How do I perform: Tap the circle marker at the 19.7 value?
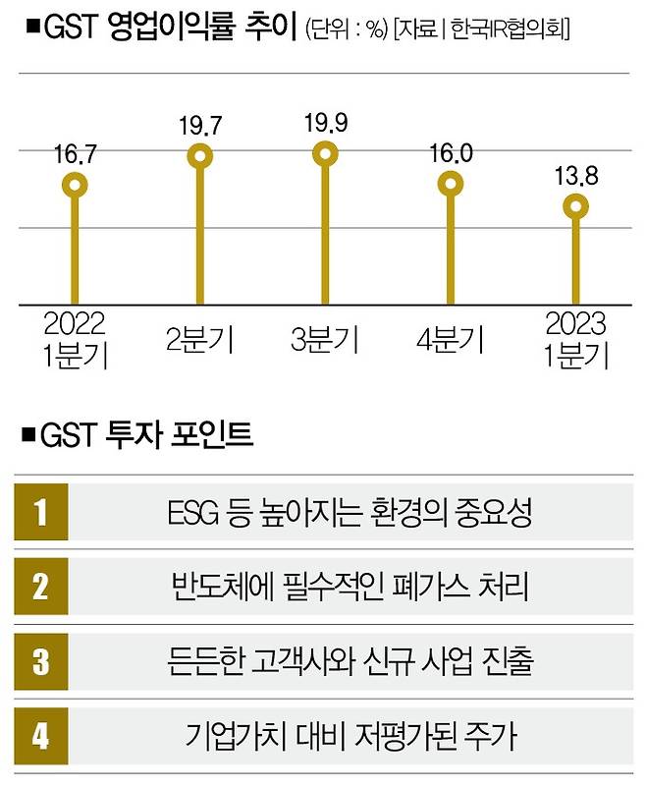200,156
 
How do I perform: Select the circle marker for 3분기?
325,153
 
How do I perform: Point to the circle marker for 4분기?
451,184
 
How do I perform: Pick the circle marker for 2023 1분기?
576,206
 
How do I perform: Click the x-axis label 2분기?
200,341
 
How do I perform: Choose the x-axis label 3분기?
325,341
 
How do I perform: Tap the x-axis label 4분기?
451,341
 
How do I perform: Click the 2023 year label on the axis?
576,323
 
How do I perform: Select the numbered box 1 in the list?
41,513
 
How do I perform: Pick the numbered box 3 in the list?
41,660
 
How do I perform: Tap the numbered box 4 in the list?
41,735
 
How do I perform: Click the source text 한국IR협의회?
511,29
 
